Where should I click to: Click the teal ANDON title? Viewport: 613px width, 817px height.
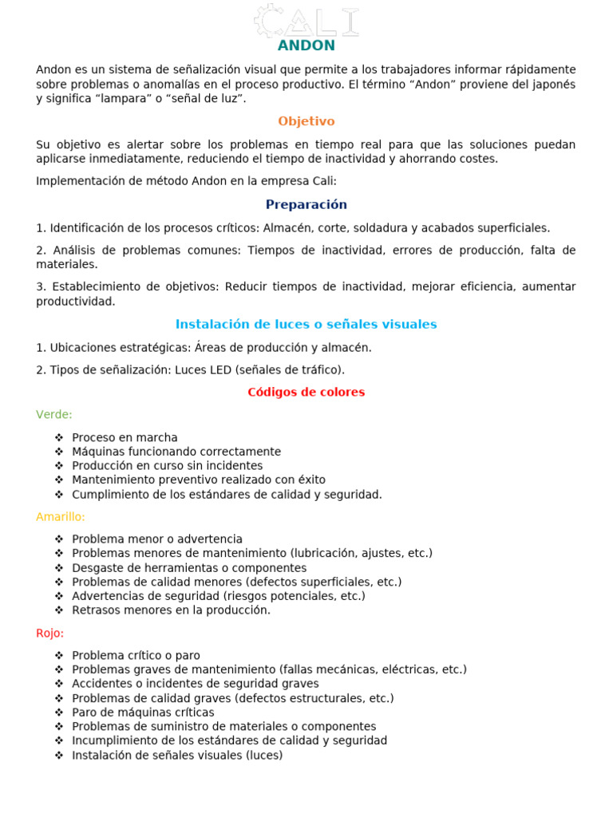(306, 45)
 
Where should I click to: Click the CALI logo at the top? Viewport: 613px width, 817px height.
(306, 21)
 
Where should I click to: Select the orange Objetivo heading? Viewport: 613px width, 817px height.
(306, 121)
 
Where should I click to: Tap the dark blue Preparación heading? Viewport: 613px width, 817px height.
(306, 204)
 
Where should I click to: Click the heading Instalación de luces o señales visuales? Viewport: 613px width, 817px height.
(306, 324)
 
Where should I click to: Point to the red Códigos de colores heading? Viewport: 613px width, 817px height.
(306, 392)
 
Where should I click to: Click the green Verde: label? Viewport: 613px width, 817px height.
(54, 414)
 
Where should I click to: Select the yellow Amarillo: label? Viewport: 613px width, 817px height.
(61, 516)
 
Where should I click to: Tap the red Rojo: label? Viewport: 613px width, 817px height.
(50, 633)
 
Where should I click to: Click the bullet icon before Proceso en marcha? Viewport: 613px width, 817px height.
(59, 437)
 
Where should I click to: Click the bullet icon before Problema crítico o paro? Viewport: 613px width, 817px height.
(59, 655)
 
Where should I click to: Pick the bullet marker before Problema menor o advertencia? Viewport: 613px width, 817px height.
(59, 539)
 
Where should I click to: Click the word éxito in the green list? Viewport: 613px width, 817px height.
(310, 480)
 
